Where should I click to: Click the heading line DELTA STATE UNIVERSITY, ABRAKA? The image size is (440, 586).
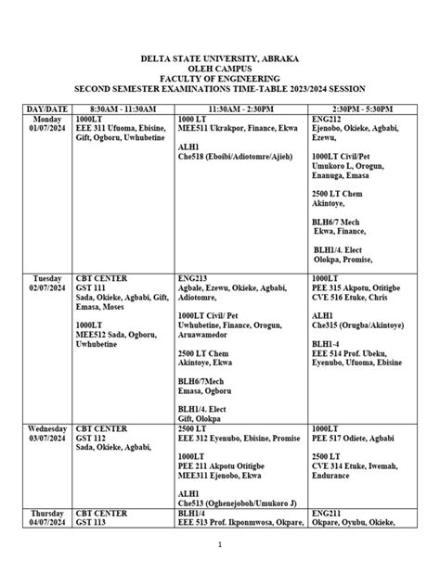pos(221,57)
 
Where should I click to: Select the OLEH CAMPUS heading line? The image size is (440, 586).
pos(221,68)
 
